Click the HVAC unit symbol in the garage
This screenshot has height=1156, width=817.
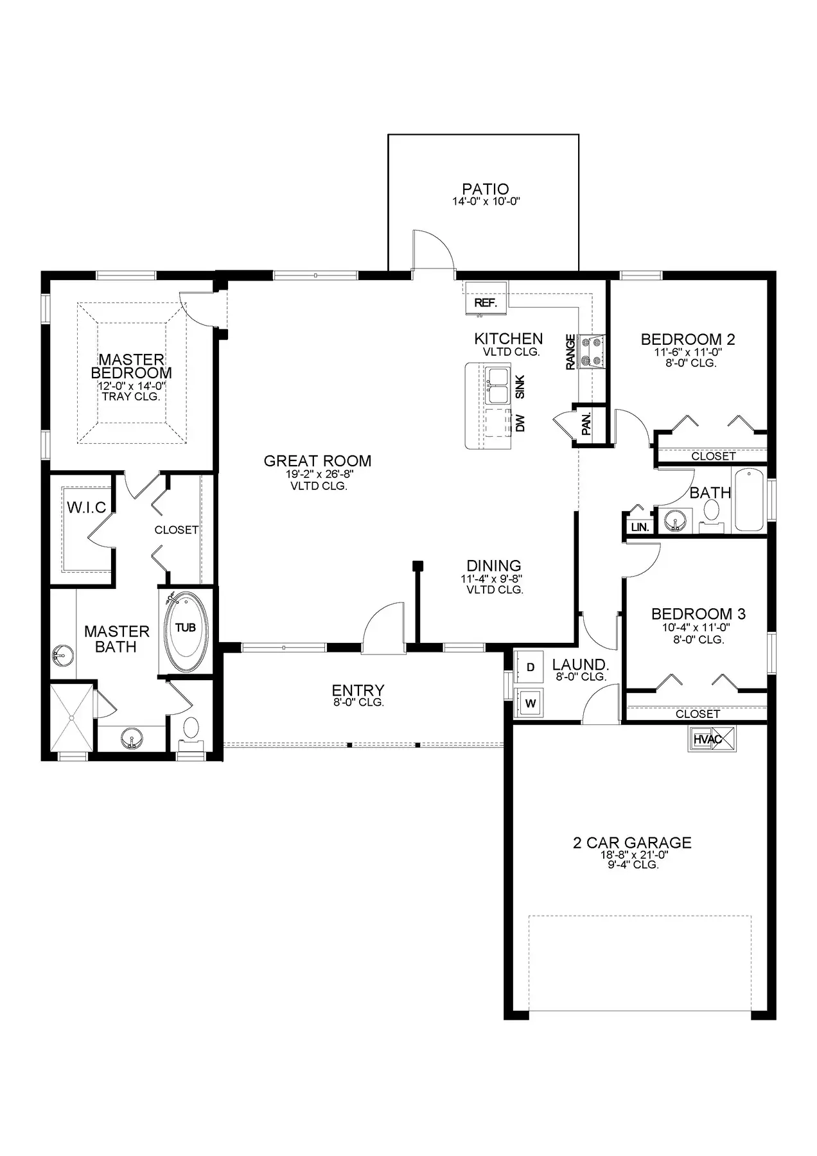point(713,739)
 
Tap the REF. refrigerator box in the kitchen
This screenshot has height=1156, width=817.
point(486,299)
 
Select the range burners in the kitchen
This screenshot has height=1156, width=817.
point(592,352)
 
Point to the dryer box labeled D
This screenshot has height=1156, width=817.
point(530,667)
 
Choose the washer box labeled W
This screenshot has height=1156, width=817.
point(530,703)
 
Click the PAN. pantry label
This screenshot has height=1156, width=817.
point(586,424)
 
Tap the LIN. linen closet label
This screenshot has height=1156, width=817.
point(640,527)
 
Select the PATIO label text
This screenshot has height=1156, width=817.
point(486,189)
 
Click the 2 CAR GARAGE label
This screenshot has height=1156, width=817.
point(632,843)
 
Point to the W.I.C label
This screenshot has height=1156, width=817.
point(87,508)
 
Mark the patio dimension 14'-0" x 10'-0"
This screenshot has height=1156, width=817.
point(486,202)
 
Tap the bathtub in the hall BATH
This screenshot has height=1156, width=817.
point(750,501)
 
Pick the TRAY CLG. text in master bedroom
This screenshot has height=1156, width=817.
point(131,397)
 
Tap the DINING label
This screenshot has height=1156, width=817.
point(493,566)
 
